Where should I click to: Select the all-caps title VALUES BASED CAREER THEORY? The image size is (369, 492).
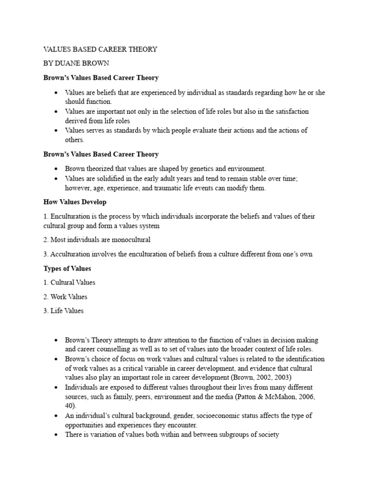click(x=100, y=49)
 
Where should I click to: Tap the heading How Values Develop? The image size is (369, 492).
click(x=75, y=202)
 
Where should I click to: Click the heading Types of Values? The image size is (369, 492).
click(x=67, y=268)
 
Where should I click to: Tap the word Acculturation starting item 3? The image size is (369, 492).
click(x=72, y=254)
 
